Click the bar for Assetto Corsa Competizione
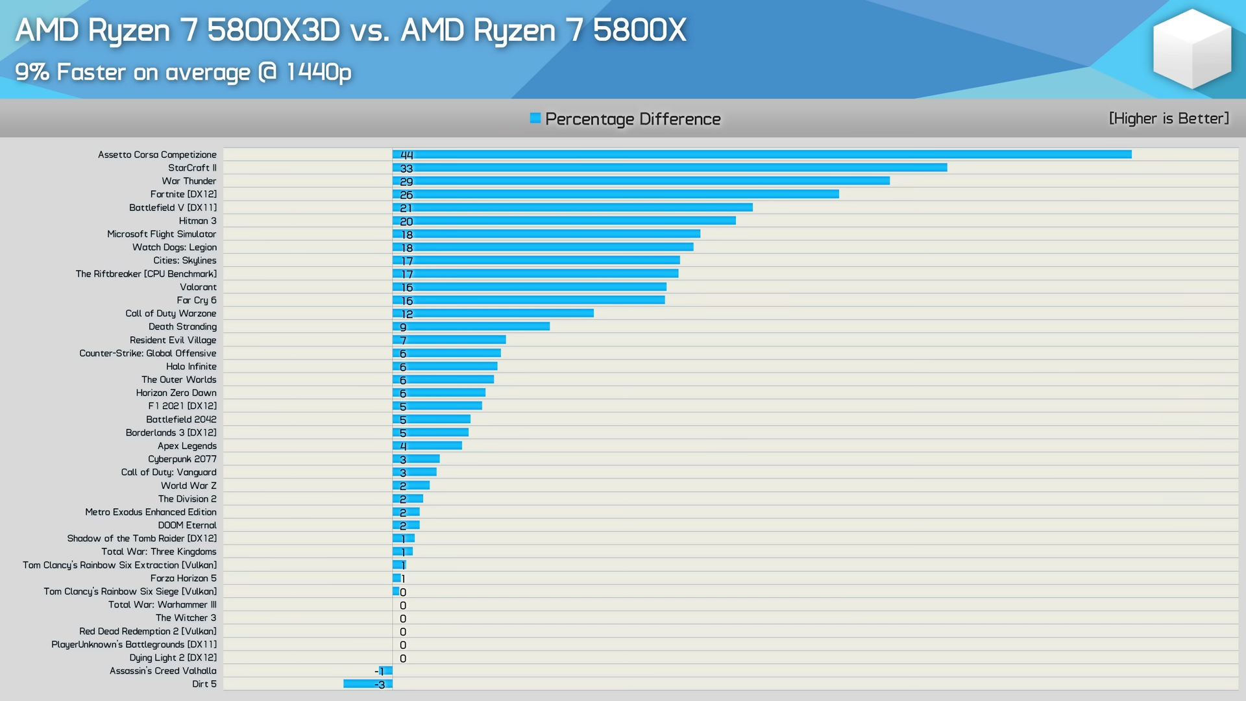pyautogui.click(x=762, y=154)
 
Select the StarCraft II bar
pyautogui.click(x=670, y=167)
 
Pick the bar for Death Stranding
pyautogui.click(x=471, y=326)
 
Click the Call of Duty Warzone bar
pyautogui.click(x=493, y=314)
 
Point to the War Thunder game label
pyautogui.click(x=189, y=181)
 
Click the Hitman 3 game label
pyautogui.click(x=197, y=221)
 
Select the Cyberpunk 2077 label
pyautogui.click(x=182, y=459)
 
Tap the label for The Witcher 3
pyautogui.click(x=186, y=618)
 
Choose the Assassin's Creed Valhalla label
pyautogui.click(x=163, y=670)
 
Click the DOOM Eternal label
pyautogui.click(x=187, y=525)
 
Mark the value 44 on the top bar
pyautogui.click(x=406, y=155)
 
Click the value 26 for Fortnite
pyautogui.click(x=406, y=195)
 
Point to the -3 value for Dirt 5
pyautogui.click(x=380, y=685)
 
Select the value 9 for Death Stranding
pyautogui.click(x=403, y=328)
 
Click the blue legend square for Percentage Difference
pyautogui.click(x=535, y=118)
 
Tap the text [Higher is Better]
pyautogui.click(x=1169, y=118)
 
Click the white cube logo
pyautogui.click(x=1191, y=49)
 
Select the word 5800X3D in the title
pyautogui.click(x=273, y=30)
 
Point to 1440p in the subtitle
pyautogui.click(x=319, y=71)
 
